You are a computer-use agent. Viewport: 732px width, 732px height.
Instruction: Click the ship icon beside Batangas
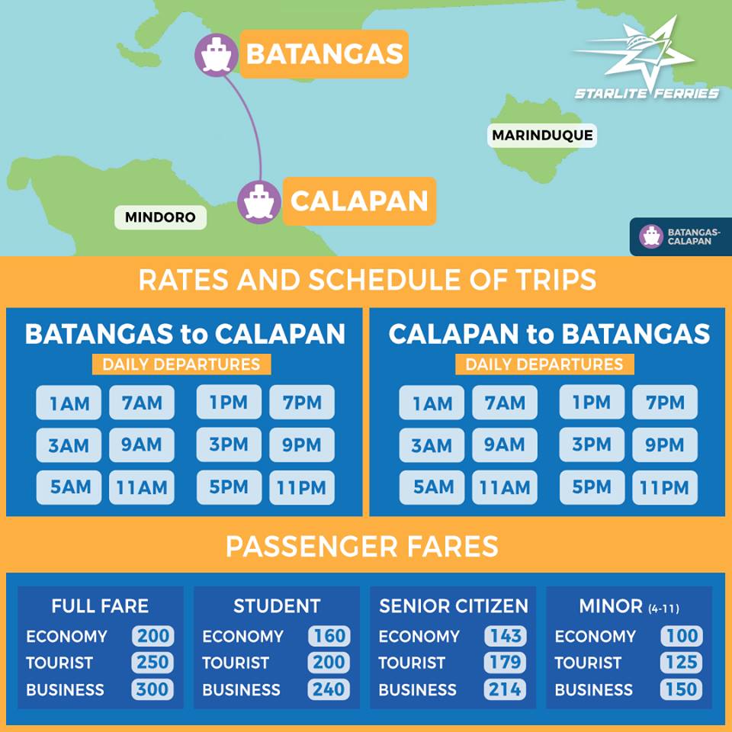click(217, 55)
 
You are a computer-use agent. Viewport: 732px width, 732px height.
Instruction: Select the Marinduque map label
click(542, 136)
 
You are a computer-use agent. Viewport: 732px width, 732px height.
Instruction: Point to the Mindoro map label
click(160, 217)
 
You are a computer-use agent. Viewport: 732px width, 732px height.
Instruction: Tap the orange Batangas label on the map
click(324, 54)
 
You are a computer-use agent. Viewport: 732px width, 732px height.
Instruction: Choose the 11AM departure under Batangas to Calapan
click(142, 488)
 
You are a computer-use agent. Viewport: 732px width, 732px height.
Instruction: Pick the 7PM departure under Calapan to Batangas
click(665, 402)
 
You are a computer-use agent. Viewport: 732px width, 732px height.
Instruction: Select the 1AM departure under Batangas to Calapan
click(69, 403)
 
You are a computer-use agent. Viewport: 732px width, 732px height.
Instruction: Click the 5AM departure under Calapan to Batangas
click(432, 488)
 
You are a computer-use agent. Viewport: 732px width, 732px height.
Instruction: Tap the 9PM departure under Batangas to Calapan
click(302, 445)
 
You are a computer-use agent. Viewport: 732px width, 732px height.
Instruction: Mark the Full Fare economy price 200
click(152, 636)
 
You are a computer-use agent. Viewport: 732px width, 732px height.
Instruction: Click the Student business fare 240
click(329, 689)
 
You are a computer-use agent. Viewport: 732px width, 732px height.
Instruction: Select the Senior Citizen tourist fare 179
click(505, 663)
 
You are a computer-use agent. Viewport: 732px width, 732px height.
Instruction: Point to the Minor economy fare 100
click(681, 636)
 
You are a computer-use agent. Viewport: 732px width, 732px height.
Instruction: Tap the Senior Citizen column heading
click(454, 606)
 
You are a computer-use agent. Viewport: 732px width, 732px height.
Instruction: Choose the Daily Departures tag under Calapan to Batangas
click(544, 364)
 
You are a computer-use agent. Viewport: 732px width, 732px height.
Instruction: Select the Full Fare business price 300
click(152, 689)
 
